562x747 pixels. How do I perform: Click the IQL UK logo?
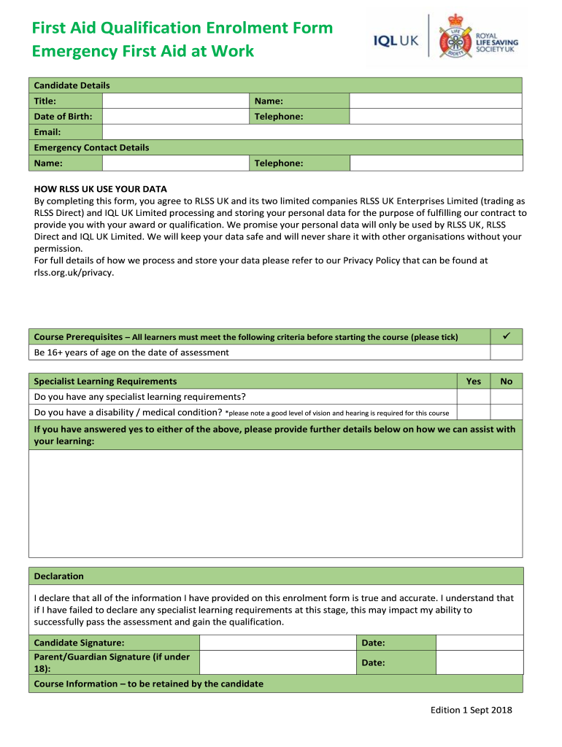coord(396,42)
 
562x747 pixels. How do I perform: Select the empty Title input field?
coord(175,101)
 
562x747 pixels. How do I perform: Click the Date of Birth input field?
coord(175,117)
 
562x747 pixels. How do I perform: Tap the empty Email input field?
coord(312,132)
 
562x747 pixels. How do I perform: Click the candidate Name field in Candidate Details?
coord(436,101)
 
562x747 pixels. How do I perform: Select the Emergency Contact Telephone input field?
coord(436,163)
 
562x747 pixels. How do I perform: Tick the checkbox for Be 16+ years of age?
coord(506,352)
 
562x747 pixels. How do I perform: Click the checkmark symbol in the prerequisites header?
coord(506,336)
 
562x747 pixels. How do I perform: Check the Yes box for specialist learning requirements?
coord(473,397)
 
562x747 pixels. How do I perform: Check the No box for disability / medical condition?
coord(506,412)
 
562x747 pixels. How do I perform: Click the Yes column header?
coord(473,381)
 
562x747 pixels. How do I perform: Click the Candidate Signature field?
coord(277,643)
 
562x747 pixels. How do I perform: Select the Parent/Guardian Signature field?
coord(277,662)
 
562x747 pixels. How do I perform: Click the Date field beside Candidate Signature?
coord(479,643)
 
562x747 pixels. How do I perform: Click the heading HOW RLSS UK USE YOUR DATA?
coord(101,189)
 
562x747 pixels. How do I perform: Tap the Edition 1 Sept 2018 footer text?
coord(471,710)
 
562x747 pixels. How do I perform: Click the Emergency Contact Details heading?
coord(92,147)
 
